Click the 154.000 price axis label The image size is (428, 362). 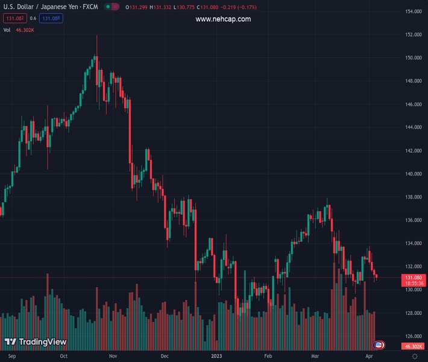point(413,11)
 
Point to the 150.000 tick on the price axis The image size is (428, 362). point(413,58)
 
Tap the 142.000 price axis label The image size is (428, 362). point(413,151)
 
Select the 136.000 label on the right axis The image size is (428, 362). point(413,220)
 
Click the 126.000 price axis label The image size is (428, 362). point(413,336)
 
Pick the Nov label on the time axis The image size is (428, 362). point(113,356)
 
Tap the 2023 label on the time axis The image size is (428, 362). point(217,356)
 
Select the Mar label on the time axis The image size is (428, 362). point(315,356)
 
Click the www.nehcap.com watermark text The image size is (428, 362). point(223,19)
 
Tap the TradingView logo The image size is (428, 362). point(35,342)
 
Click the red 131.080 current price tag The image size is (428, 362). point(413,278)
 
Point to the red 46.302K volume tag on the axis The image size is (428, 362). point(413,346)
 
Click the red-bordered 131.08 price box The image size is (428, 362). point(14,19)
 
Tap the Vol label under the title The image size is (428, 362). point(7,30)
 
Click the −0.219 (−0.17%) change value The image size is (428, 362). point(240,7)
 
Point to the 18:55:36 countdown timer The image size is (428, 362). point(413,283)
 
